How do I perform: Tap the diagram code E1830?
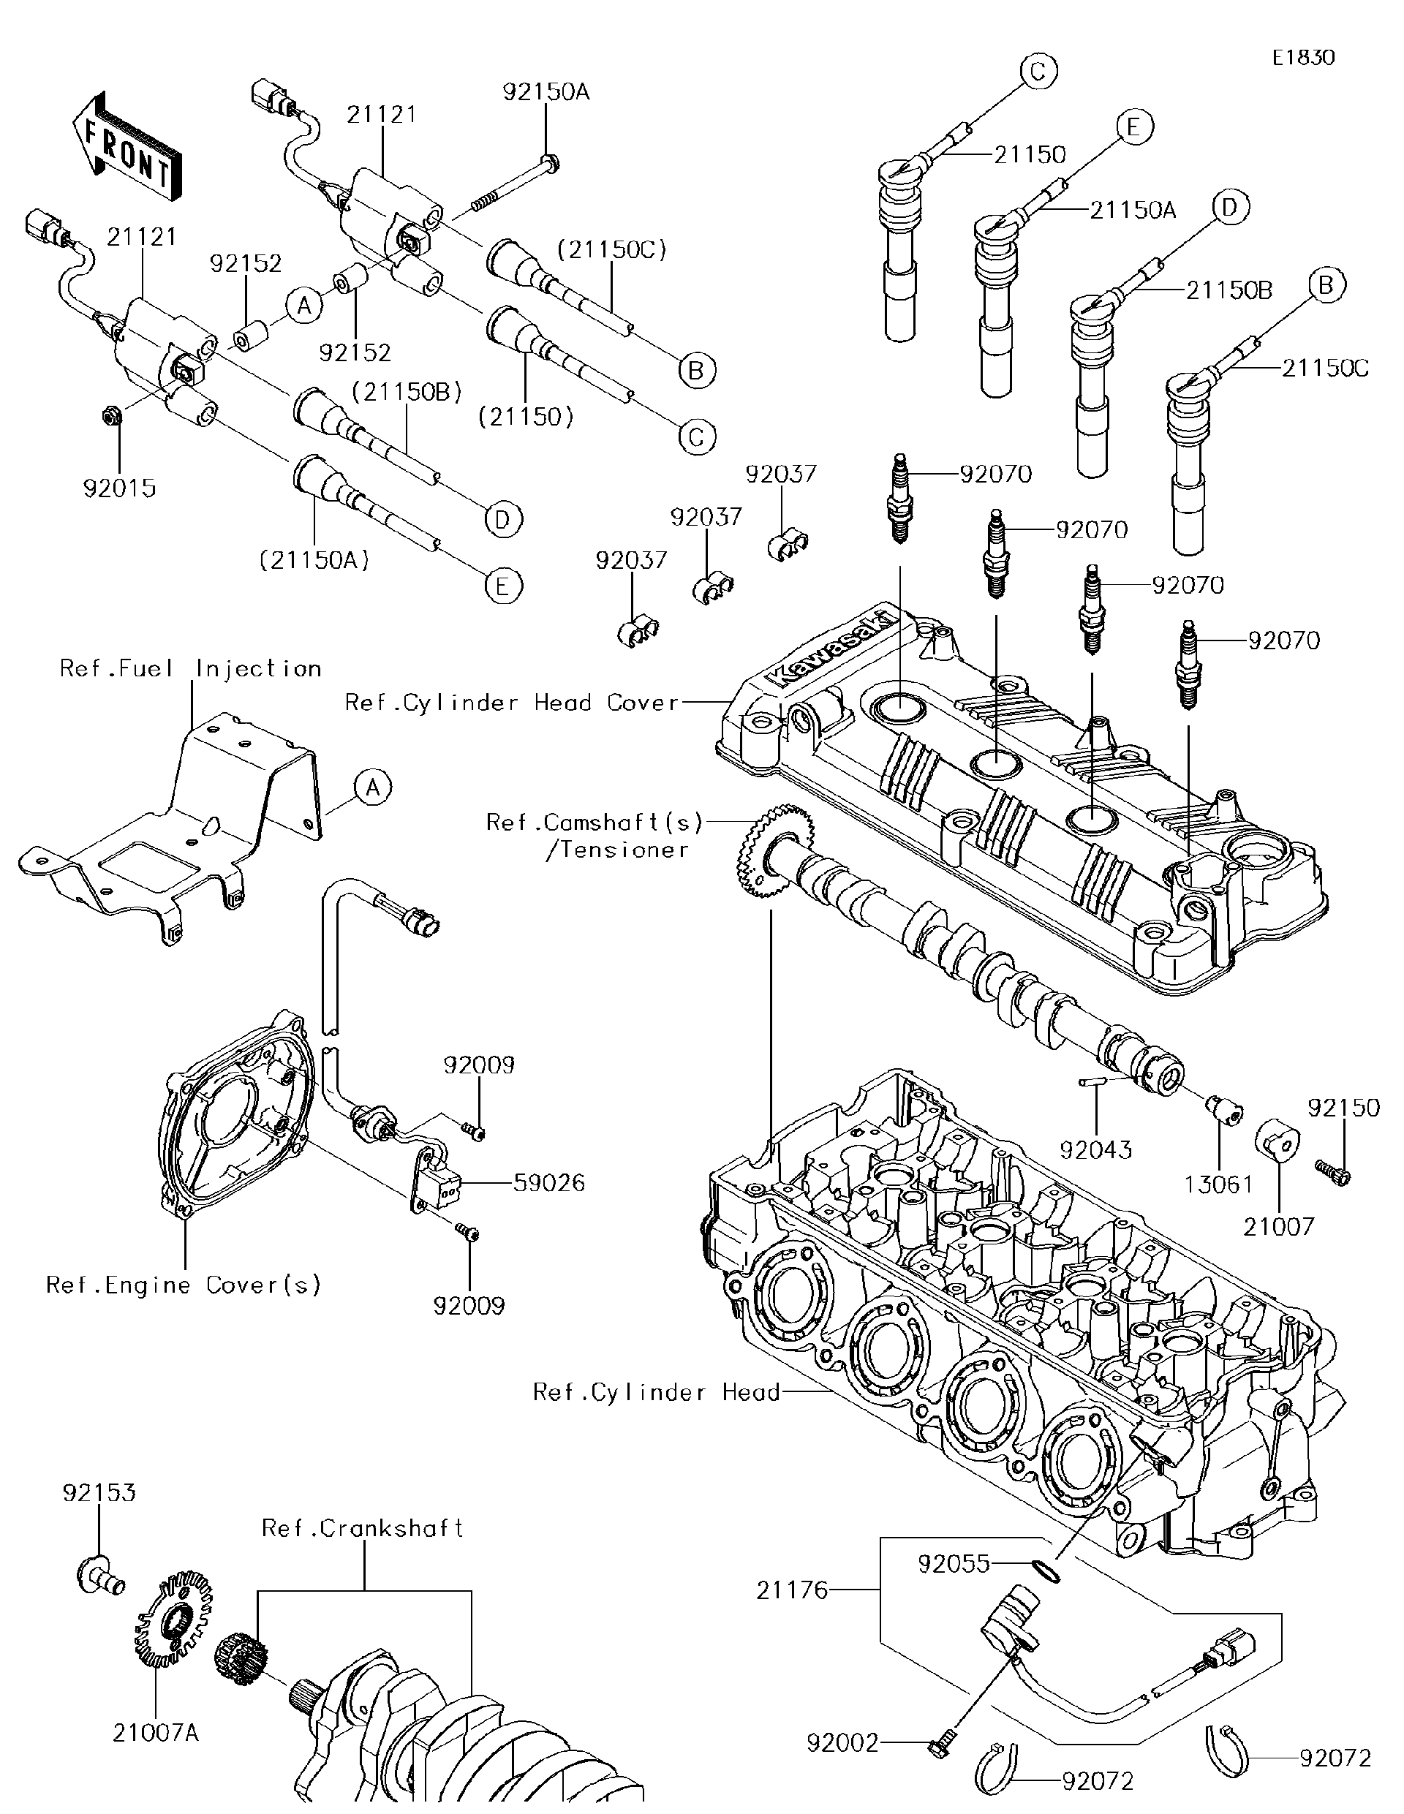[x=1302, y=57]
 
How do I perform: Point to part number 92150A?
[x=545, y=91]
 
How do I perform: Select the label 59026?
[x=548, y=1183]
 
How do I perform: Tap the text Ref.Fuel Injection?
[x=190, y=668]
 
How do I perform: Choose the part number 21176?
[x=792, y=1590]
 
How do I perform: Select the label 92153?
[x=98, y=1492]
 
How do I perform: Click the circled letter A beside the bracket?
[x=372, y=786]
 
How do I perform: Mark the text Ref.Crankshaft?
[x=362, y=1528]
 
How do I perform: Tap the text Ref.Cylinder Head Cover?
[x=512, y=703]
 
